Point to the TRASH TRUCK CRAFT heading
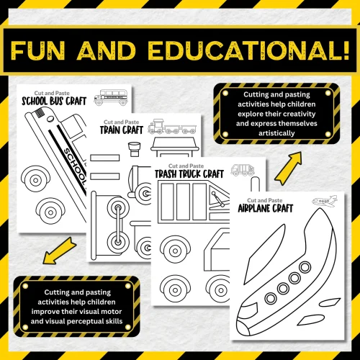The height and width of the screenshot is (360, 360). coord(187,174)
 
